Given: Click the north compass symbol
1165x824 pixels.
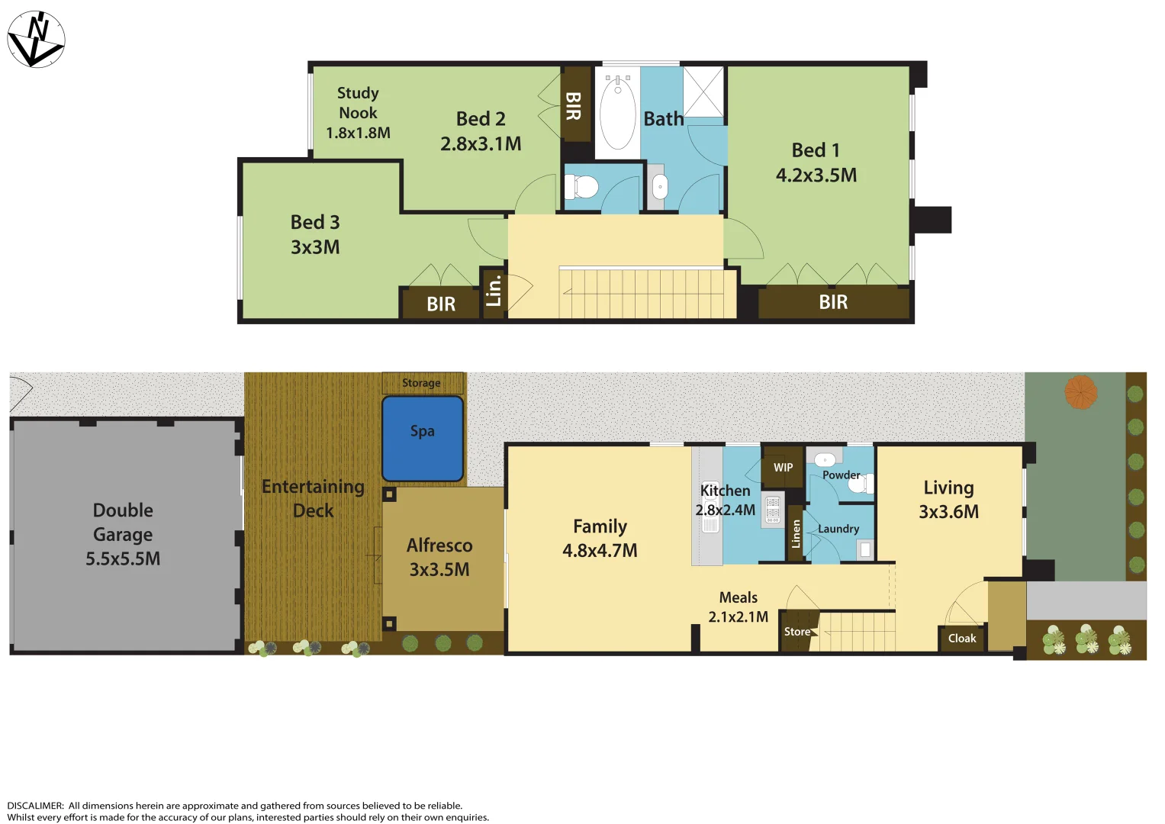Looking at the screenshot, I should click(x=36, y=40).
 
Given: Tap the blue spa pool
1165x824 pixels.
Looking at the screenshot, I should click(x=423, y=439).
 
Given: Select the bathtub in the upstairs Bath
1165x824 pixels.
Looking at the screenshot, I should click(x=617, y=114).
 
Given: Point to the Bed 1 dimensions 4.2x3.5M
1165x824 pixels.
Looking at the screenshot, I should click(x=816, y=175).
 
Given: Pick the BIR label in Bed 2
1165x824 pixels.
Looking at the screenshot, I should click(x=574, y=106).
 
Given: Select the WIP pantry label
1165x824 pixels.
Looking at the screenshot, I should click(x=783, y=468).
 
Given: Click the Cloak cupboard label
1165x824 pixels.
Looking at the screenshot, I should click(x=961, y=639).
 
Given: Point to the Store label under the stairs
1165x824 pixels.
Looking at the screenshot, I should click(x=797, y=632).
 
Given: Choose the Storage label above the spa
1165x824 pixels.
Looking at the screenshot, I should click(x=421, y=383).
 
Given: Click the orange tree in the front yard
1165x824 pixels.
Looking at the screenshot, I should click(x=1080, y=392).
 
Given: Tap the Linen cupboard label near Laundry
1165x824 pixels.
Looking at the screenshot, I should click(x=796, y=533).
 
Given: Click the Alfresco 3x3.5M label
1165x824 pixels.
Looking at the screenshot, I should click(x=439, y=557).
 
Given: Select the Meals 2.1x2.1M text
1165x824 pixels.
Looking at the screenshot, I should click(x=738, y=607).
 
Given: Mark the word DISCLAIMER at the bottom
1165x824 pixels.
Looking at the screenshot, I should click(x=35, y=806).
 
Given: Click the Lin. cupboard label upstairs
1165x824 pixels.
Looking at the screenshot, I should click(x=494, y=291).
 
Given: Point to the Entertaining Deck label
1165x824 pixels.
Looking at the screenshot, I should click(x=313, y=498).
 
